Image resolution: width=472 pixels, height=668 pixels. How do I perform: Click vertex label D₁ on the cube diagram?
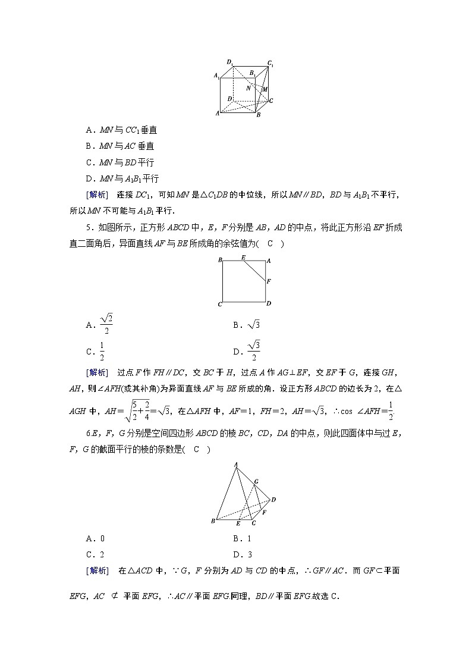[x=229, y=62]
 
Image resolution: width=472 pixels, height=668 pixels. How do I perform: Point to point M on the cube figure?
[x=265, y=89]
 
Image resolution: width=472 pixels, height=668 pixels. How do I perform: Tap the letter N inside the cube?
[x=248, y=87]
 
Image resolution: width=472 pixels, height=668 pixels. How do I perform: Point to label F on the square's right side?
[x=269, y=281]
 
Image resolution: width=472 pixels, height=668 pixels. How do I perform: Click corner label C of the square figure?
[x=220, y=305]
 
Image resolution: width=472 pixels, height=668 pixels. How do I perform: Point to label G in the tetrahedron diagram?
[x=256, y=481]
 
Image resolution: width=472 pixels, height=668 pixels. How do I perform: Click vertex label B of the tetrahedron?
[x=212, y=522]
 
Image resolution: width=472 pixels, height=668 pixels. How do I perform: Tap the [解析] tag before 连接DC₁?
[x=97, y=195]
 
